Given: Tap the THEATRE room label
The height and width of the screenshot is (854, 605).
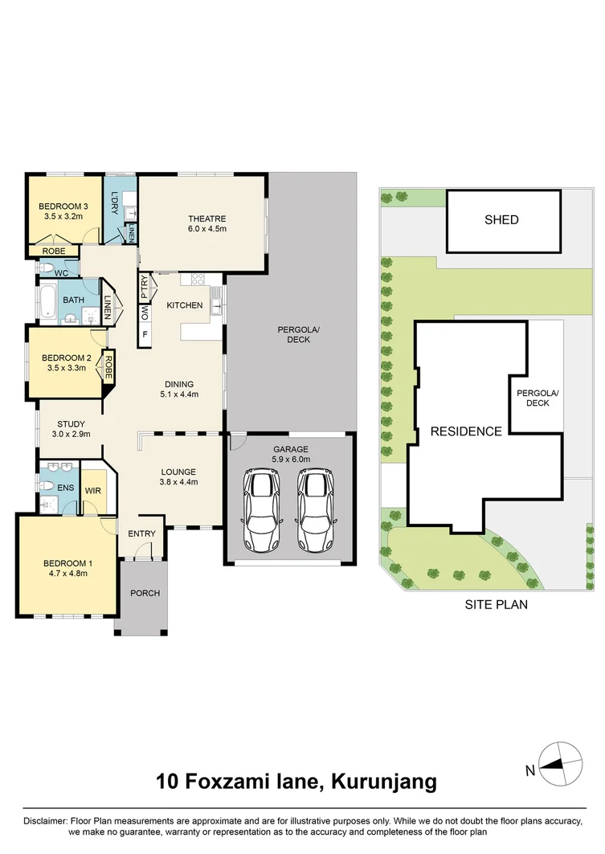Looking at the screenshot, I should point(207,219).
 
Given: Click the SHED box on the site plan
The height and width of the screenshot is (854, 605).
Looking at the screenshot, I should point(501,219).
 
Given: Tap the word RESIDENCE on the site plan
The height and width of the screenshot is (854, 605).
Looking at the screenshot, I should point(466,431).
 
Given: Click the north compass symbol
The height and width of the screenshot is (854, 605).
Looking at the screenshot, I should point(561,762).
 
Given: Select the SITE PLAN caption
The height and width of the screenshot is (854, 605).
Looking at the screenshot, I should point(496,605).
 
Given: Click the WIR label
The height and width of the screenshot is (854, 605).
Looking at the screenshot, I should point(92,488).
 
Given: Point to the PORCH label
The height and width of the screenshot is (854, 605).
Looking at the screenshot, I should point(145,593).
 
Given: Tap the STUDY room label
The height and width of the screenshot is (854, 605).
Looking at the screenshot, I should point(71,424).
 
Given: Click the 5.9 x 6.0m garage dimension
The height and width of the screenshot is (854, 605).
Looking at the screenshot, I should point(290,460).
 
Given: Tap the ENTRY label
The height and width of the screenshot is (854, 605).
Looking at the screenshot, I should point(141,533).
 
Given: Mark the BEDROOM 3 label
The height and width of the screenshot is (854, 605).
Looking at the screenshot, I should point(63,206).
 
